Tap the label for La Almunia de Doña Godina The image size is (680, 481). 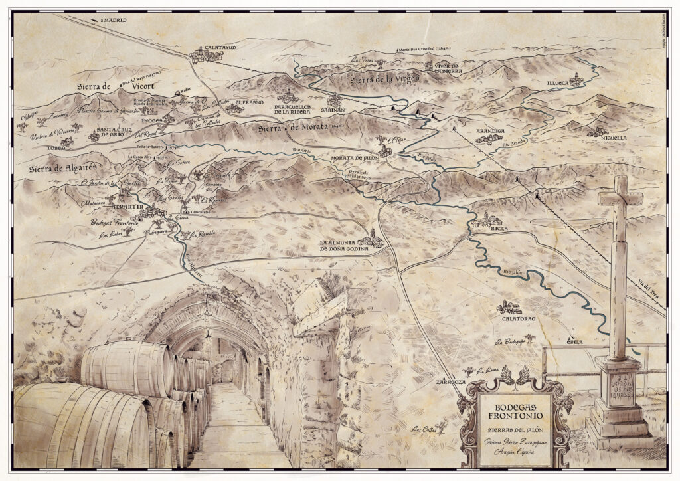click(x=343, y=246)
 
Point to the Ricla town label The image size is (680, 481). click(x=499, y=228)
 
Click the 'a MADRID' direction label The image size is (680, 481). click(x=113, y=21)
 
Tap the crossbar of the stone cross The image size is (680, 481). click(x=620, y=197)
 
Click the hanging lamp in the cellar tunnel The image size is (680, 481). click(x=208, y=330)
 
